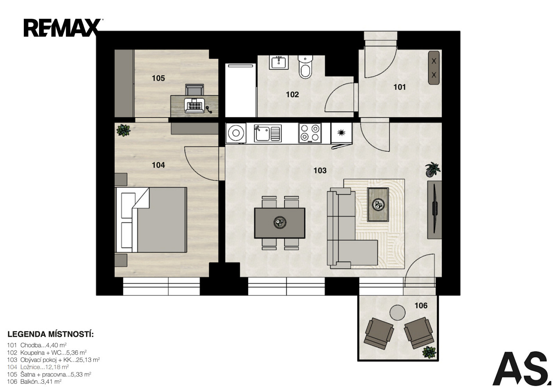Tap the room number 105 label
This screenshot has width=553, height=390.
(x=158, y=78)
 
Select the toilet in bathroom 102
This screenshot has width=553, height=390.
(x=306, y=67)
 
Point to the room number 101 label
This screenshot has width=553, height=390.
(x=400, y=87)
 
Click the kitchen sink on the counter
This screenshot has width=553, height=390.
(x=268, y=133)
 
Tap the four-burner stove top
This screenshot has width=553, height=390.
(x=310, y=133)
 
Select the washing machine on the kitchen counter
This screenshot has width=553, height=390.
(x=236, y=133)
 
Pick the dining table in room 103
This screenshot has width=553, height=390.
(x=280, y=223)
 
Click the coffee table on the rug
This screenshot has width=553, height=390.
(x=378, y=204)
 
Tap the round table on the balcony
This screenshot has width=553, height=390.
(x=397, y=312)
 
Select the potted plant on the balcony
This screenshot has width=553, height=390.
(x=429, y=352)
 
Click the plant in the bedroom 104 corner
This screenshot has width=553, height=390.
(x=123, y=130)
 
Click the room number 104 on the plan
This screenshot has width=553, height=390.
(x=158, y=165)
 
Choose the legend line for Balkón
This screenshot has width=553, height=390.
(x=34, y=381)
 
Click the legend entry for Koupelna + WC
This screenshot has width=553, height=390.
(x=47, y=353)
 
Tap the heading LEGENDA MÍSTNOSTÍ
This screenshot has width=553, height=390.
(x=51, y=334)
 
